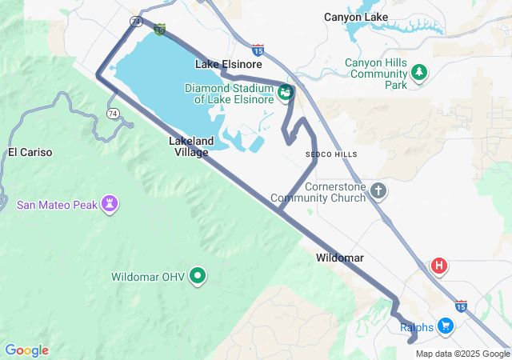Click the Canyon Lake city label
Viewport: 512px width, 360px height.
(x=356, y=17)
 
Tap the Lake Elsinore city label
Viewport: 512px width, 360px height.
(x=224, y=63)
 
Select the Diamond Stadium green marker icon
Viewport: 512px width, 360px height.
(x=285, y=94)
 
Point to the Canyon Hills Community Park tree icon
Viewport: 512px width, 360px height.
(x=419, y=74)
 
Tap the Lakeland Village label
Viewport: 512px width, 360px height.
(x=191, y=146)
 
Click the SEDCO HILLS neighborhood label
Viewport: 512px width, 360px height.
(x=331, y=154)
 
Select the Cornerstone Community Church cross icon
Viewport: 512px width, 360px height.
(x=378, y=191)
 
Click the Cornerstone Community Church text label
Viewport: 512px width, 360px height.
(x=318, y=192)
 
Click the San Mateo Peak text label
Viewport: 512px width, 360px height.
(x=57, y=205)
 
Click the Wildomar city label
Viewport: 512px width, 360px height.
(x=340, y=258)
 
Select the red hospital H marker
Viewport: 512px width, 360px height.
(x=438, y=266)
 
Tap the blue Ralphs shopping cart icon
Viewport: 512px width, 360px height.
(x=446, y=326)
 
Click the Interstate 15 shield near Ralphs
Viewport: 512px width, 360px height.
(x=460, y=306)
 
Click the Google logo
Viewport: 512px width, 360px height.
(x=26, y=350)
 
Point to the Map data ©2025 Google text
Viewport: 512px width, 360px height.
(x=462, y=354)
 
